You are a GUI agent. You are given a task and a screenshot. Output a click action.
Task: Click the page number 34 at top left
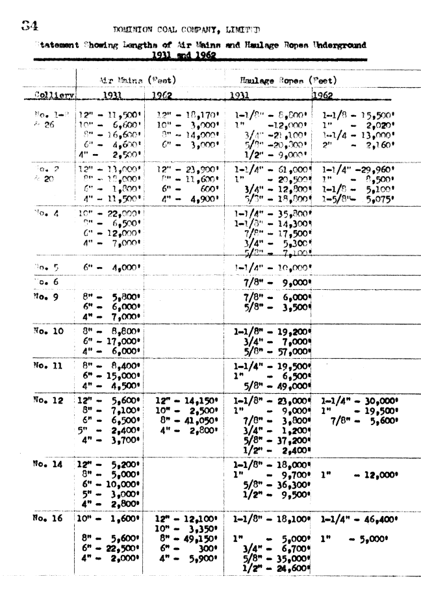(x=30, y=26)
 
